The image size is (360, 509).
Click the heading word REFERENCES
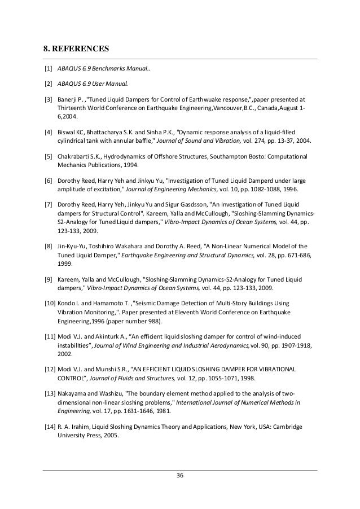[x=81, y=48]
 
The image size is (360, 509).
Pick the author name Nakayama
[x=73, y=393]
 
